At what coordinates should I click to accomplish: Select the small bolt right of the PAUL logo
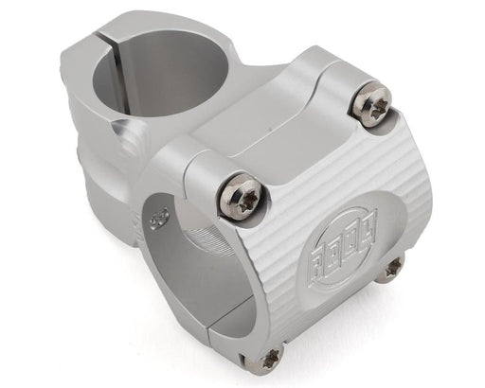tap(389, 269)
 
